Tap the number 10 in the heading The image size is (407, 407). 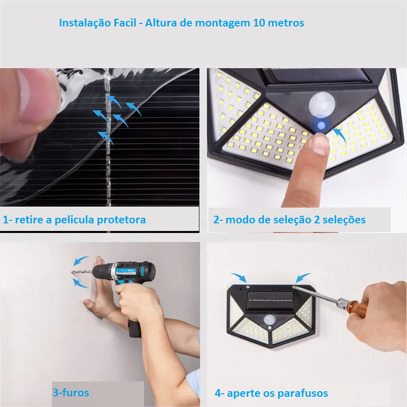(x=259, y=23)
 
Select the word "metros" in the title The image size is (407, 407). (x=286, y=23)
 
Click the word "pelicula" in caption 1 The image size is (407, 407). (x=74, y=220)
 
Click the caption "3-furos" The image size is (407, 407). (x=71, y=392)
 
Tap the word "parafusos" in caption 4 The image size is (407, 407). (x=303, y=393)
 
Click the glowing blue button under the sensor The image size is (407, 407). (x=322, y=125)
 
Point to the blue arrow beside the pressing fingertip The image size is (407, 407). (x=340, y=135)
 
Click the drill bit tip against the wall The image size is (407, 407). (x=72, y=272)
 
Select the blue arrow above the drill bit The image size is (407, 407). (x=80, y=260)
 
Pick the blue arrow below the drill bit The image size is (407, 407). (x=80, y=283)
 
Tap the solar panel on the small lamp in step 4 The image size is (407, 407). (x=270, y=300)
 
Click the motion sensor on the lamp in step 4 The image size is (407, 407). (x=270, y=321)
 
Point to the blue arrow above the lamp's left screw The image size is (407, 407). (x=239, y=277)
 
